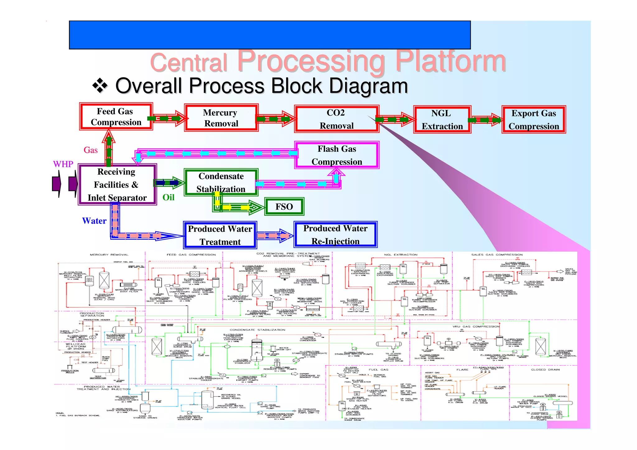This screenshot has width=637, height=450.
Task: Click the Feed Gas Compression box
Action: point(116,117)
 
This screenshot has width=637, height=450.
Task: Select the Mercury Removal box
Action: point(221,118)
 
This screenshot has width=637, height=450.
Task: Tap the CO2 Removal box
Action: point(336,119)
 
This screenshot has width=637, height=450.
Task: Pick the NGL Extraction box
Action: point(442,120)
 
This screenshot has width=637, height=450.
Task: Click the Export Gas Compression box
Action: point(533,120)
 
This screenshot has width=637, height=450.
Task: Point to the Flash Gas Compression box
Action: point(337,155)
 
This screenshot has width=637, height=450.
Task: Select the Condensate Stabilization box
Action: point(221,183)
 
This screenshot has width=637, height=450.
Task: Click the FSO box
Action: point(284,207)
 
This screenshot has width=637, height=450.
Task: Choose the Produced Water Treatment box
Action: point(220,235)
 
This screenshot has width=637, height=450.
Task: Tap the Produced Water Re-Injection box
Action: point(335,235)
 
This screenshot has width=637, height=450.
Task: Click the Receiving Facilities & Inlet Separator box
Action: point(117,184)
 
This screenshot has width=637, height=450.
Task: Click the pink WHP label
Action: point(63,164)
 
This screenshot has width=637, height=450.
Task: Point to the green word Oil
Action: point(168,197)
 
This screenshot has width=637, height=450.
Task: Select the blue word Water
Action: point(94,221)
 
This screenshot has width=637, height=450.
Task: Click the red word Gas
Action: point(91,150)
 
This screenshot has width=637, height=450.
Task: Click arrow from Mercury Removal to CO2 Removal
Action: point(275,119)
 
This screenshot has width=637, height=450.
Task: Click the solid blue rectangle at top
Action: point(270,35)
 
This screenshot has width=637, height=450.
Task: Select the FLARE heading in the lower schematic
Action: point(462,370)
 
